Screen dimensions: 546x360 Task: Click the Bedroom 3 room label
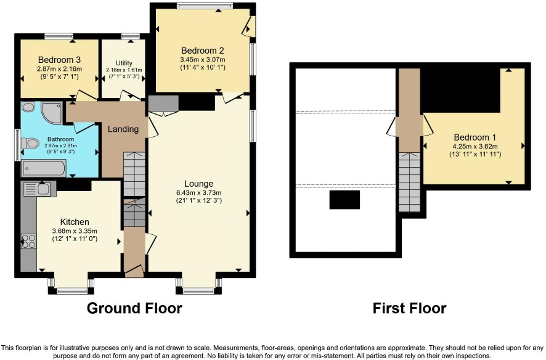pos(60,60)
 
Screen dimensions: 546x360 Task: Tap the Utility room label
pos(124,63)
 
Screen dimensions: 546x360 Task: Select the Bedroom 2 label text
pos(203,51)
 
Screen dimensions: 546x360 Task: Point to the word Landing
pos(123,129)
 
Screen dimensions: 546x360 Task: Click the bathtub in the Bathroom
pos(44,168)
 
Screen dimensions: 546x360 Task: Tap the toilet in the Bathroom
pos(30,143)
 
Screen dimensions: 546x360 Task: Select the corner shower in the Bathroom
pos(52,112)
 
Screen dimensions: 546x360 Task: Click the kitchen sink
pos(38,189)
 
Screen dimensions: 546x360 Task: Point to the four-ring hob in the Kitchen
pos(28,241)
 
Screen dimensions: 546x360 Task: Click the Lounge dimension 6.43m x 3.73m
pos(199,192)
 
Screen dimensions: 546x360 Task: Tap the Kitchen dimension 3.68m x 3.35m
pos(75,231)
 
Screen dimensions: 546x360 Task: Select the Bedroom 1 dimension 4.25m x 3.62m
pos(475,146)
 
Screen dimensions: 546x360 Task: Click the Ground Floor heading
pos(134,308)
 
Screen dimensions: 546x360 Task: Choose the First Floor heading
pos(409,308)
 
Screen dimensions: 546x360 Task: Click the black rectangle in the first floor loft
pos(344,200)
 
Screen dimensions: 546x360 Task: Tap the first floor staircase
pos(409,182)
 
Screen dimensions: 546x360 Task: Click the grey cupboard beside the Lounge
pos(163,103)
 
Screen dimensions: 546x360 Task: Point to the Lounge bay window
pos(198,286)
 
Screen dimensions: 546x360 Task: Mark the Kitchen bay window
pos(71,286)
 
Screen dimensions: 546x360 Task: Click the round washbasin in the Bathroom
pos(28,107)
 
